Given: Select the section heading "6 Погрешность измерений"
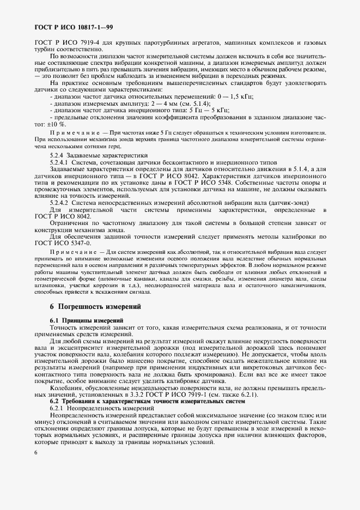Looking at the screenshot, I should [x=95, y=307].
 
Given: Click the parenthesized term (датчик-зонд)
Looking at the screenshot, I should [x=269, y=202].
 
